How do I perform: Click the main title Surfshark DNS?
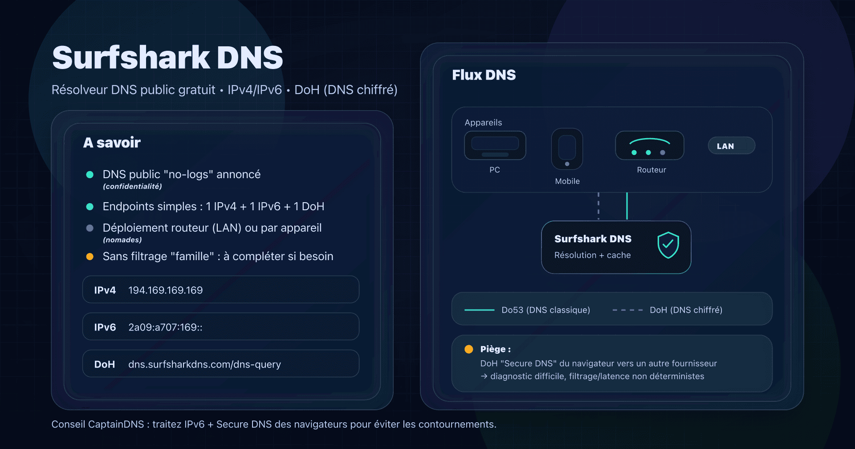[x=167, y=58]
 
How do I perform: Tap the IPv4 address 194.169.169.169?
[x=165, y=290]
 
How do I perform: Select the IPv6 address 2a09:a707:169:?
[x=165, y=327]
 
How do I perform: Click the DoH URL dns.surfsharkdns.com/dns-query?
[x=204, y=364]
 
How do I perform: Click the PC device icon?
[x=495, y=146]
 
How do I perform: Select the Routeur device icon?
[x=649, y=146]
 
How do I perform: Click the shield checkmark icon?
[x=668, y=245]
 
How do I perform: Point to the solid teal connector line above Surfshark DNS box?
[x=627, y=206]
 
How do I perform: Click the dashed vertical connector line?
[x=598, y=206]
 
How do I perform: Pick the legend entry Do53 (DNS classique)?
[x=546, y=310]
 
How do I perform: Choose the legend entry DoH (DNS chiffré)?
[x=686, y=310]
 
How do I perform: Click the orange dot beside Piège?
[x=468, y=349]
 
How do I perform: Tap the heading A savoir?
[x=112, y=143]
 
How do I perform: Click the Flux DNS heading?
[x=484, y=75]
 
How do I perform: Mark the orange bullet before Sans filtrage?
[x=90, y=257]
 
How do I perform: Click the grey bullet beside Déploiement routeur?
[x=90, y=228]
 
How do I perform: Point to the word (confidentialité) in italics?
[x=132, y=187]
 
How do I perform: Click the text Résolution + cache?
[x=592, y=255]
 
